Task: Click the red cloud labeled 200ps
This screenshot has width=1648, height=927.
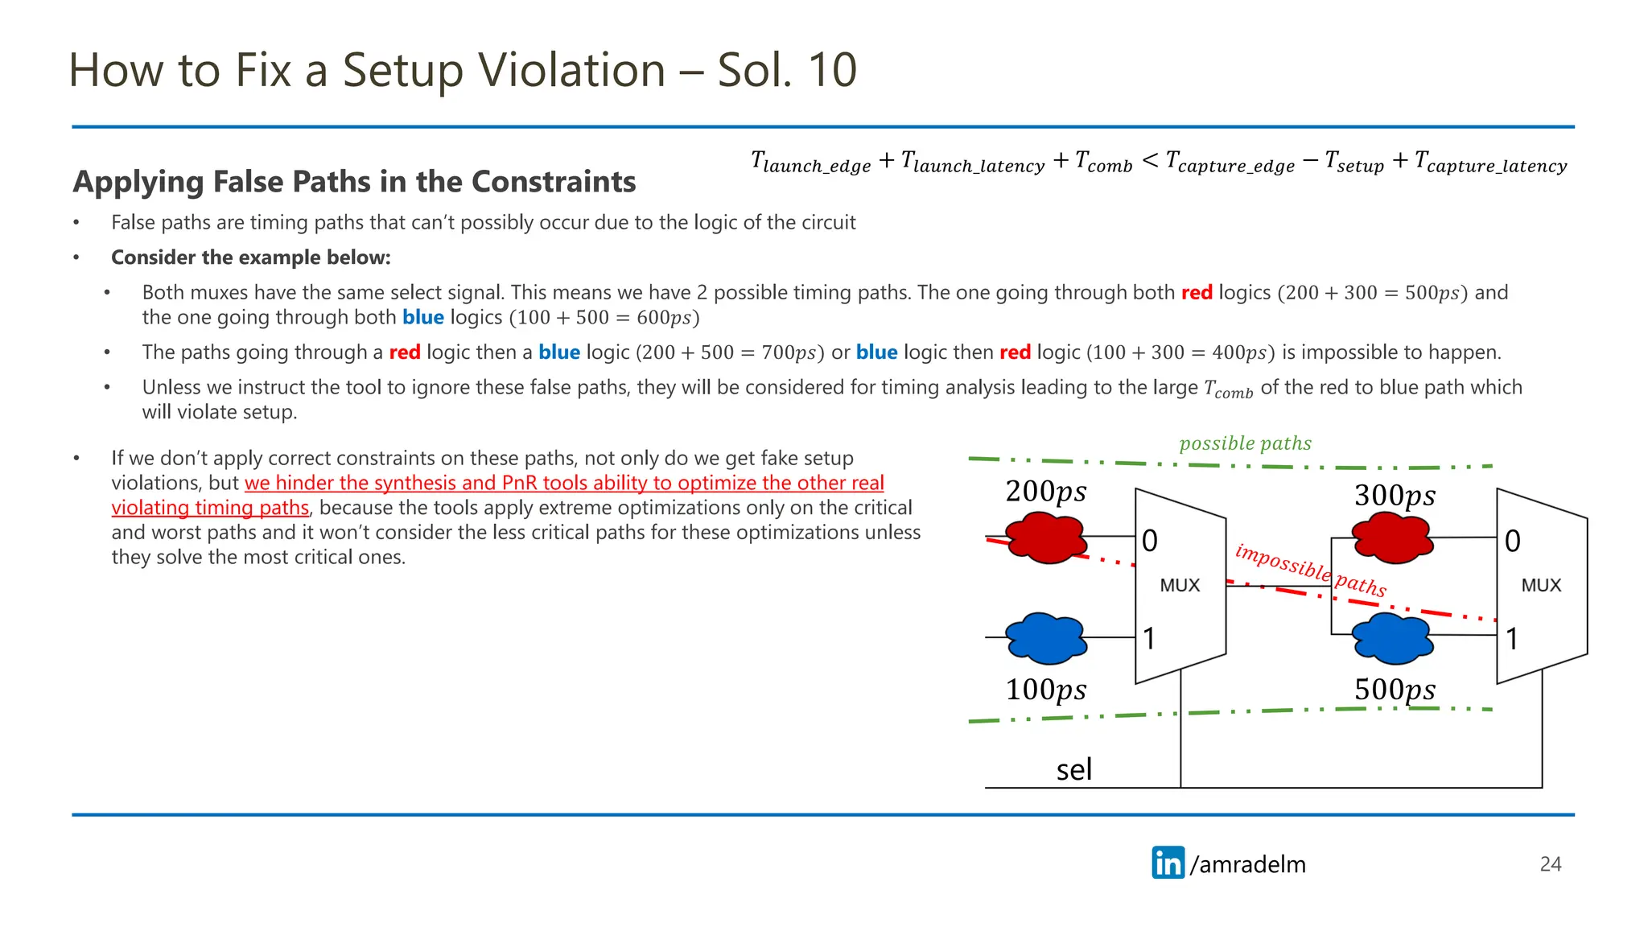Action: pyautogui.click(x=1045, y=538)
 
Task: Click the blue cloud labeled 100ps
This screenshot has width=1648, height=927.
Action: pyautogui.click(x=1045, y=638)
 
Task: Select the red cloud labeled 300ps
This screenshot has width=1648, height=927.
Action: pyautogui.click(x=1392, y=538)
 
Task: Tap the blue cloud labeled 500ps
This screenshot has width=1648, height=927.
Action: pyautogui.click(x=1392, y=638)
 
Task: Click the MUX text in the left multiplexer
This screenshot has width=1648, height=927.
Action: pyautogui.click(x=1180, y=586)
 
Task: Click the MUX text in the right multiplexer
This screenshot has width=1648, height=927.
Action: pyautogui.click(x=1541, y=586)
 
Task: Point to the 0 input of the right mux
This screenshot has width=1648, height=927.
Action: pyautogui.click(x=1513, y=542)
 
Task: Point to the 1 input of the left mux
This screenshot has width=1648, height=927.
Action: pyautogui.click(x=1150, y=639)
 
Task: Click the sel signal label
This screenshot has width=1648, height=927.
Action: pyautogui.click(x=1073, y=770)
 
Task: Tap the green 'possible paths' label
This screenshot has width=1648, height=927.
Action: pyautogui.click(x=1245, y=443)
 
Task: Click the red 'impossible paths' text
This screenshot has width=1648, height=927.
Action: pyautogui.click(x=1310, y=571)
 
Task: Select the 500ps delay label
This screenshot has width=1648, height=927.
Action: pyautogui.click(x=1395, y=690)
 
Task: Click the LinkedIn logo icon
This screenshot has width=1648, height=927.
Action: pyautogui.click(x=1168, y=863)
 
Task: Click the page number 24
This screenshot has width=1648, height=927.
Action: pyautogui.click(x=1550, y=864)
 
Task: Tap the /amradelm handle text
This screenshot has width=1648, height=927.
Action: pyautogui.click(x=1248, y=864)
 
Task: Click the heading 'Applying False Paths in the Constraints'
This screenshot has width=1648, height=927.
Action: pyautogui.click(x=354, y=182)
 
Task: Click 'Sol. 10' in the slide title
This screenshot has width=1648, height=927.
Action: pyautogui.click(x=786, y=70)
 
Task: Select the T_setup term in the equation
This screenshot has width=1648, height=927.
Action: pyautogui.click(x=1354, y=163)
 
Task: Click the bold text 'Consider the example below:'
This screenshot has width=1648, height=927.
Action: pyautogui.click(x=250, y=257)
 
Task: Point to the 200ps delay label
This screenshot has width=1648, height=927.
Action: pyautogui.click(x=1045, y=492)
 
